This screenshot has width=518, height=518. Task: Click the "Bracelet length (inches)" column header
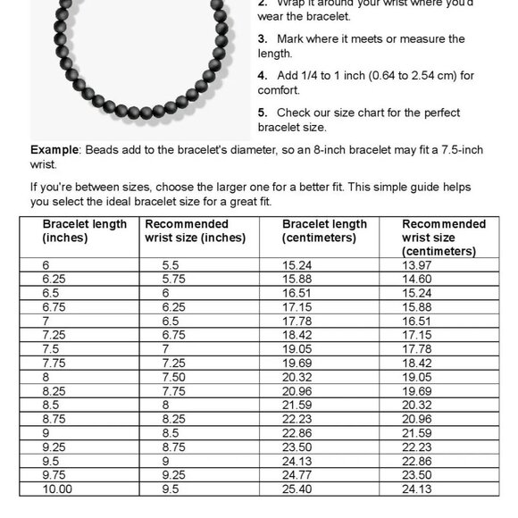84,230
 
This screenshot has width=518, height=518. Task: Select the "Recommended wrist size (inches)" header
195,230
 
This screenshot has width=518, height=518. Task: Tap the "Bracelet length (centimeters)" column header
324,230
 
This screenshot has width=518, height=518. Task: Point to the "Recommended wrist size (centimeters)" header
444,238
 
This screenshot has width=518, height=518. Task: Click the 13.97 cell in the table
419,265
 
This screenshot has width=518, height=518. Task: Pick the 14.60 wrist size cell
419,279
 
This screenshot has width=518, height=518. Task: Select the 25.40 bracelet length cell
299,489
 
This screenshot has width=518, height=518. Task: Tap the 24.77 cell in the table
299,475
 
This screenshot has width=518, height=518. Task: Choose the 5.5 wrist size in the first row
171,265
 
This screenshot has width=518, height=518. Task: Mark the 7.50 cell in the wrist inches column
175,377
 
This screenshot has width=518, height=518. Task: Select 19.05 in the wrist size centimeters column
419,377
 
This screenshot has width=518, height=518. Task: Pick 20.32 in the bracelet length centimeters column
299,377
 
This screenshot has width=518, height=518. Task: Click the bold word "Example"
54,149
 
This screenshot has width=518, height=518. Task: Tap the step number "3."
263,39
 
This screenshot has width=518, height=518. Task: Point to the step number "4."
263,76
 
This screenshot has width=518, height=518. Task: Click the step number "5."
263,113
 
